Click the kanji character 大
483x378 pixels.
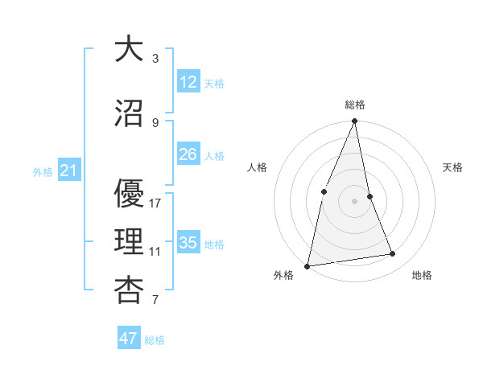coord(128,50)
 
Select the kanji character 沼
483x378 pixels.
coord(128,114)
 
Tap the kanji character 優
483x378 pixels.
coord(128,192)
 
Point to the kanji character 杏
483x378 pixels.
coord(128,291)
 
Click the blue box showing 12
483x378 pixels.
coord(188,81)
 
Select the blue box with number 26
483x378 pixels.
coord(188,154)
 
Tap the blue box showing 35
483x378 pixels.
coord(188,243)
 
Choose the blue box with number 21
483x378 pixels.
coord(68,171)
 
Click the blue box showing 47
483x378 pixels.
coord(129,339)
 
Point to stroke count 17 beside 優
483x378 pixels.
coord(155,203)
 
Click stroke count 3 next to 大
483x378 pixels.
coord(155,59)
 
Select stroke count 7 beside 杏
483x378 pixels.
coord(155,301)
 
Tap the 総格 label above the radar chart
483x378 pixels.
coord(354,105)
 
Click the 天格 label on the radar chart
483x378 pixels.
coord(453,167)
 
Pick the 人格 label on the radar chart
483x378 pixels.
coord(257,167)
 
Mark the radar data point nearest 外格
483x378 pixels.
coord(307,265)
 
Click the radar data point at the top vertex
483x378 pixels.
coord(354,121)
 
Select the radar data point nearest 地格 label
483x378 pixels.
coord(393,254)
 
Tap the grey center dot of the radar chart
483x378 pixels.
coord(354,200)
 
